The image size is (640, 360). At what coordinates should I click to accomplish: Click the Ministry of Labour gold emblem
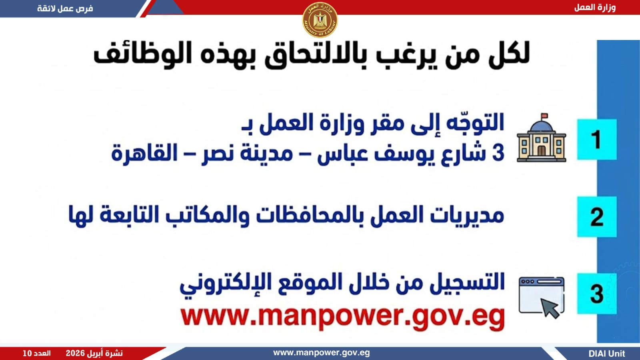pyautogui.click(x=320, y=20)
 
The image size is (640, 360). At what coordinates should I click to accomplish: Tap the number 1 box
pyautogui.click(x=597, y=140)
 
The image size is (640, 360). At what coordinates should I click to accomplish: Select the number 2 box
pyautogui.click(x=597, y=216)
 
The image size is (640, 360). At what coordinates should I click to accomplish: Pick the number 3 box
pyautogui.click(x=597, y=294)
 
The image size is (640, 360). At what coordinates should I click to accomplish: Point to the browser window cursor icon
pyautogui.click(x=542, y=298)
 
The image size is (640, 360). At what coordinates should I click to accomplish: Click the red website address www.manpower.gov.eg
pyautogui.click(x=342, y=318)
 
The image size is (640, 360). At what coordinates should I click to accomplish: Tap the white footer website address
pyautogui.click(x=322, y=353)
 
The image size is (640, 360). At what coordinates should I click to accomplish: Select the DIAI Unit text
pyautogui.click(x=607, y=354)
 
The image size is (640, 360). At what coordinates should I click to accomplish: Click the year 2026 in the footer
pyautogui.click(x=76, y=354)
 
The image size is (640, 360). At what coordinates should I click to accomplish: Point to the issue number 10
pyautogui.click(x=27, y=354)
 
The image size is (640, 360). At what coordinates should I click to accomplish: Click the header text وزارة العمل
pyautogui.click(x=595, y=8)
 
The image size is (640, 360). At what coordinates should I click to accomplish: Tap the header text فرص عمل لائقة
pyautogui.click(x=65, y=8)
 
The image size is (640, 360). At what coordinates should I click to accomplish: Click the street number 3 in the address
pyautogui.click(x=498, y=152)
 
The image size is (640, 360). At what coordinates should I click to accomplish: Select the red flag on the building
pyautogui.click(x=544, y=116)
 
